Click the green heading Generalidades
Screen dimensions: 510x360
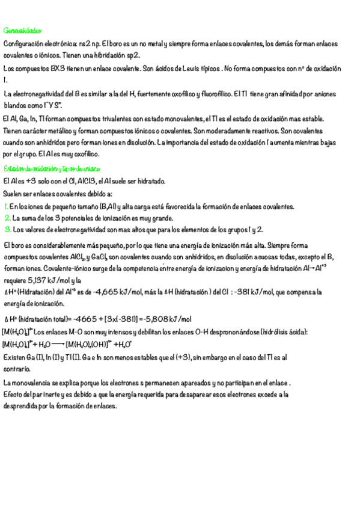22,30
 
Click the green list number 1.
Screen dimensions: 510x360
5,207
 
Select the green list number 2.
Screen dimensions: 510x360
7,218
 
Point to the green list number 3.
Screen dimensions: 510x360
7,230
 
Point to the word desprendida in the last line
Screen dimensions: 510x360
22,406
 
